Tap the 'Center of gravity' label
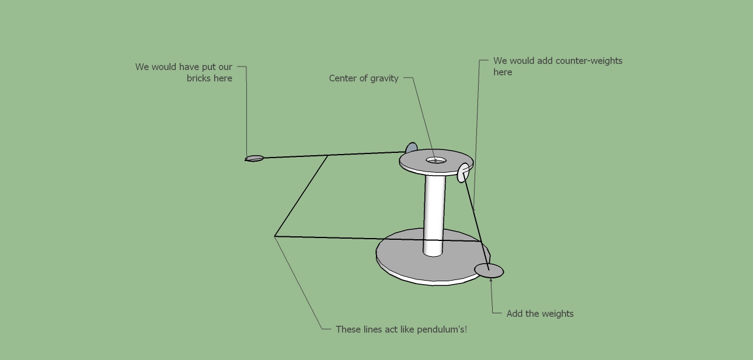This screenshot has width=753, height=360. click(x=364, y=78)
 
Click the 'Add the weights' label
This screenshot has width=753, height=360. click(x=540, y=313)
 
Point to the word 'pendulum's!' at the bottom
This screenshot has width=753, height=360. click(x=442, y=330)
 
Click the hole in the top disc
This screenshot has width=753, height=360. click(x=436, y=160)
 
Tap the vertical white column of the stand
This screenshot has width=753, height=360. click(x=434, y=215)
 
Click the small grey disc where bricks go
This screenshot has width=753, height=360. click(x=255, y=158)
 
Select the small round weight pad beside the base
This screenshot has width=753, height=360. click(x=489, y=271)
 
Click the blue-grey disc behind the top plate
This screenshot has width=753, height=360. click(x=411, y=148)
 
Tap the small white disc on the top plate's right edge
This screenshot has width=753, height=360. click(x=463, y=173)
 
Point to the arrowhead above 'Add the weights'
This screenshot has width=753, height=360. click(x=491, y=280)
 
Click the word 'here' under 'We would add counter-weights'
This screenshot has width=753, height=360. click(x=503, y=72)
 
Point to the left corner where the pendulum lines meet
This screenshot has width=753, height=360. click(x=275, y=236)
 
